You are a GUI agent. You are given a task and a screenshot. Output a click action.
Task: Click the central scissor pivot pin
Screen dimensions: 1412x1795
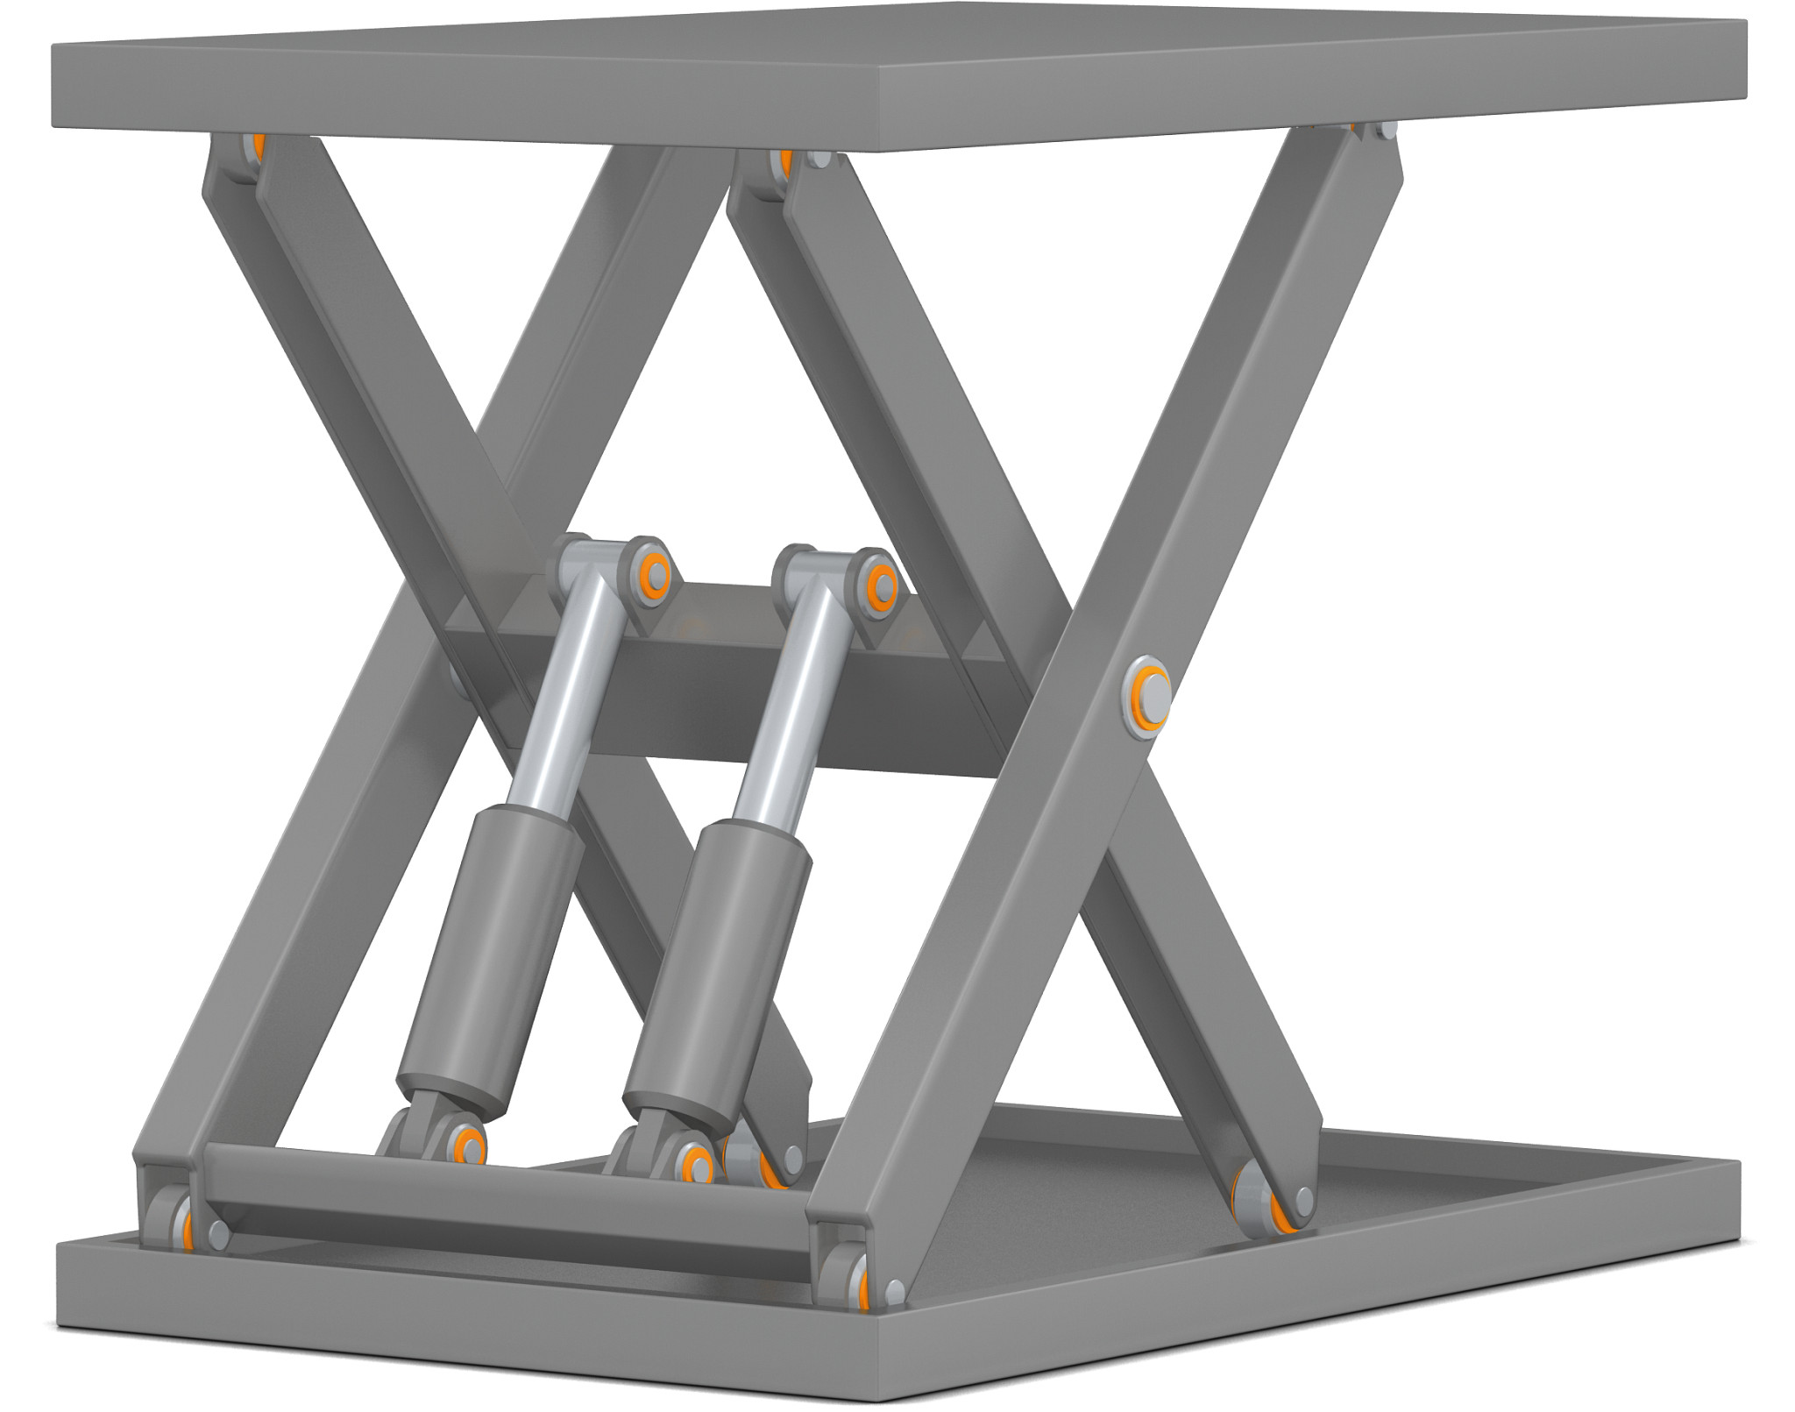pyautogui.click(x=1147, y=698)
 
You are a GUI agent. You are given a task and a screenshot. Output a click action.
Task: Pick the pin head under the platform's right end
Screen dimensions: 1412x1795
pyautogui.click(x=1386, y=131)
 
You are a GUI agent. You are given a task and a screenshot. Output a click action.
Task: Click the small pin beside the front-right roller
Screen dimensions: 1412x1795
pyautogui.click(x=894, y=1288)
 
